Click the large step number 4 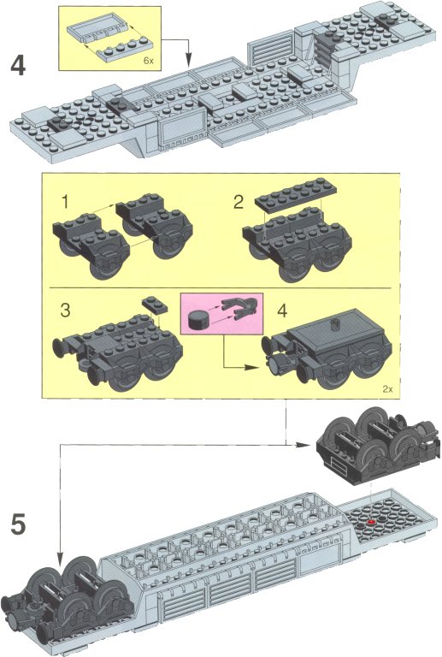pos(18,66)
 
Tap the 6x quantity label pos(149,61)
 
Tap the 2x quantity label pos(387,389)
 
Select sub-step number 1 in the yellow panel pos(64,202)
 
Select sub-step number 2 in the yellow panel pos(239,202)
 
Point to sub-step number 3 pos(65,311)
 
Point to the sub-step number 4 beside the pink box pos(282,311)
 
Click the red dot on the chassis pos(370,522)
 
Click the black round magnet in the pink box pos(197,320)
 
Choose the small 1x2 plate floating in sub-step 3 pos(155,305)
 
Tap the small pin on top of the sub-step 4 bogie pos(335,323)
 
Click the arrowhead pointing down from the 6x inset pos(188,62)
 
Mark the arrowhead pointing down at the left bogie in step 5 pos(61,558)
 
